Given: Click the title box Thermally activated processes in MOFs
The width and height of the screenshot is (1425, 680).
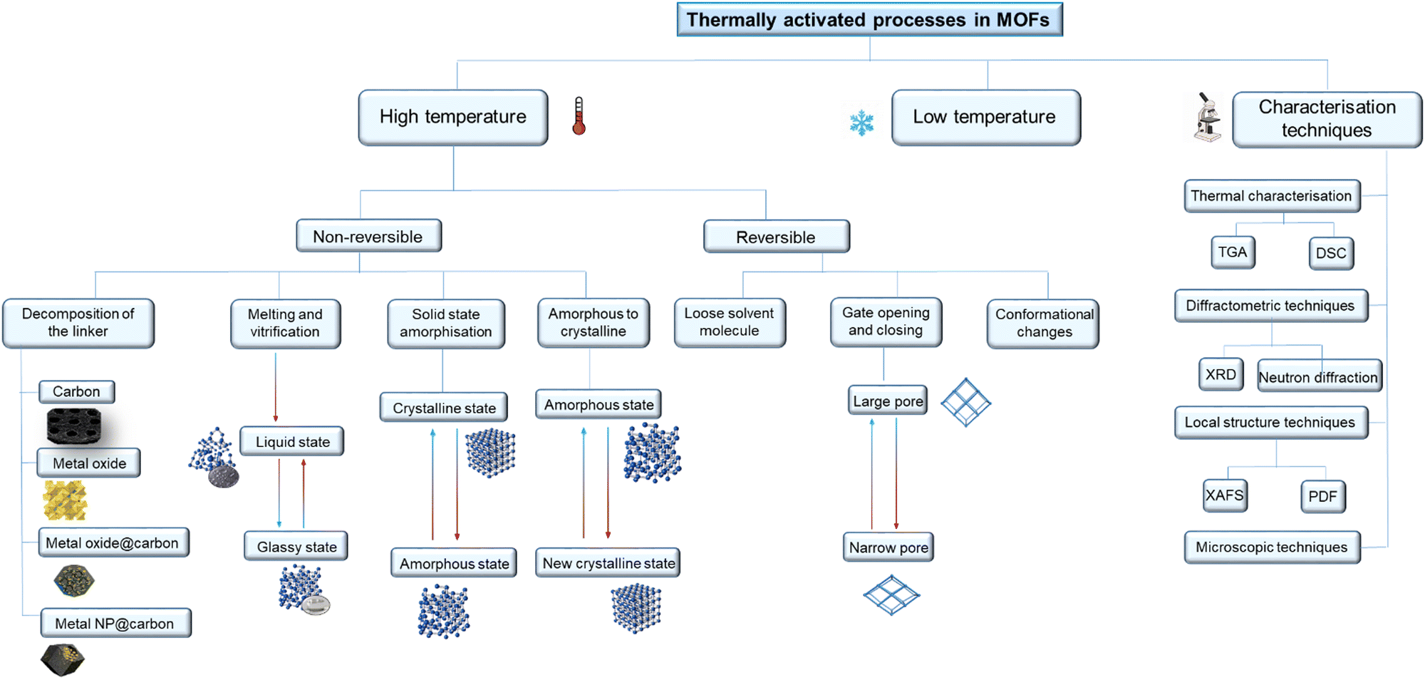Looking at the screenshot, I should tap(869, 19).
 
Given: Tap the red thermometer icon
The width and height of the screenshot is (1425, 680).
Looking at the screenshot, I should tap(579, 116).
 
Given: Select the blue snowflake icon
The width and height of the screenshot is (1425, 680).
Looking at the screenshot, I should tap(861, 123).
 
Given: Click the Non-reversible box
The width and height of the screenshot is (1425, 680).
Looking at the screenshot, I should tap(368, 236).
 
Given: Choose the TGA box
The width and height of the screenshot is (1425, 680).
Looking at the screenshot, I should tap(1232, 252).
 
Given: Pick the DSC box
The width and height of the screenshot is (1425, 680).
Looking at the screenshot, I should tap(1330, 253).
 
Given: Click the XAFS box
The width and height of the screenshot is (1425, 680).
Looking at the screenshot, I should tap(1224, 495).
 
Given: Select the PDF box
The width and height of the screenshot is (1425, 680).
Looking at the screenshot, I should tap(1322, 496).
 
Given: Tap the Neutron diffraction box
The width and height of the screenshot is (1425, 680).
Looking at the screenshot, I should tap(1318, 377).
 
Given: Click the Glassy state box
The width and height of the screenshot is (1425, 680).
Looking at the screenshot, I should tap(296, 547).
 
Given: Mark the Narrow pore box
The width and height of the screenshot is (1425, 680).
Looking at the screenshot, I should tap(888, 547).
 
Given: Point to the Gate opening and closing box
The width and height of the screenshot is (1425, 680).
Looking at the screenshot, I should tap(886, 322).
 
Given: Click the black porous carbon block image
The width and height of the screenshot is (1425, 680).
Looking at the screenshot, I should tap(73, 426).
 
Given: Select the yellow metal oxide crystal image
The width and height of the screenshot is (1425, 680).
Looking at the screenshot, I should tap(65, 500).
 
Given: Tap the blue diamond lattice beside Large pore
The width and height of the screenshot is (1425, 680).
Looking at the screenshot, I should tap(965, 402).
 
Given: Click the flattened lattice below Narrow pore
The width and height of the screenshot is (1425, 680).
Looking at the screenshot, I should tap(891, 594).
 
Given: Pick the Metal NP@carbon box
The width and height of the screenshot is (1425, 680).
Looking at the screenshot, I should tap(115, 623).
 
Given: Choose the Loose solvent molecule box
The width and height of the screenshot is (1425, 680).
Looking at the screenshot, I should tap(729, 322).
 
